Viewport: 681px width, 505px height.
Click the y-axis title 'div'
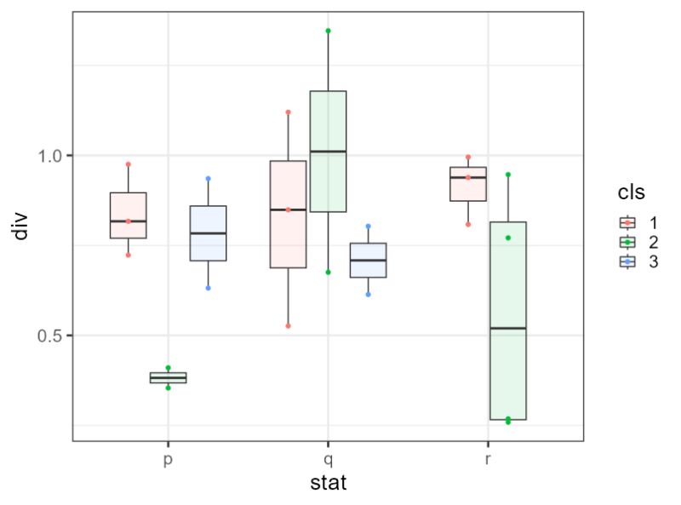[x=21, y=227]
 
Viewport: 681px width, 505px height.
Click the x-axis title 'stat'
[x=327, y=484]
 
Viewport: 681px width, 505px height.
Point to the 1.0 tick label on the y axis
[x=50, y=156]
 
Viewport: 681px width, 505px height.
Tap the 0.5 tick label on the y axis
[x=50, y=336]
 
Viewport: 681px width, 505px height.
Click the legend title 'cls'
[x=631, y=193]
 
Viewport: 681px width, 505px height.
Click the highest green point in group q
[x=329, y=31]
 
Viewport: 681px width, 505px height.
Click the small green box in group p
[x=168, y=377]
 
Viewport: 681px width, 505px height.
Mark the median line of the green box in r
[x=508, y=328]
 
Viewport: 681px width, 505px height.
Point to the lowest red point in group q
[x=289, y=325]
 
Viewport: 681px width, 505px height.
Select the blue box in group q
[x=369, y=260]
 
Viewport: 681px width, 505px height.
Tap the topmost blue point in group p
[x=208, y=179]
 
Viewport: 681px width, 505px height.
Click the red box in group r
[x=468, y=184]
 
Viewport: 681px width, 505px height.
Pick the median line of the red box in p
[x=128, y=221]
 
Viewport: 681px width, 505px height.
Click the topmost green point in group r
[x=508, y=175]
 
